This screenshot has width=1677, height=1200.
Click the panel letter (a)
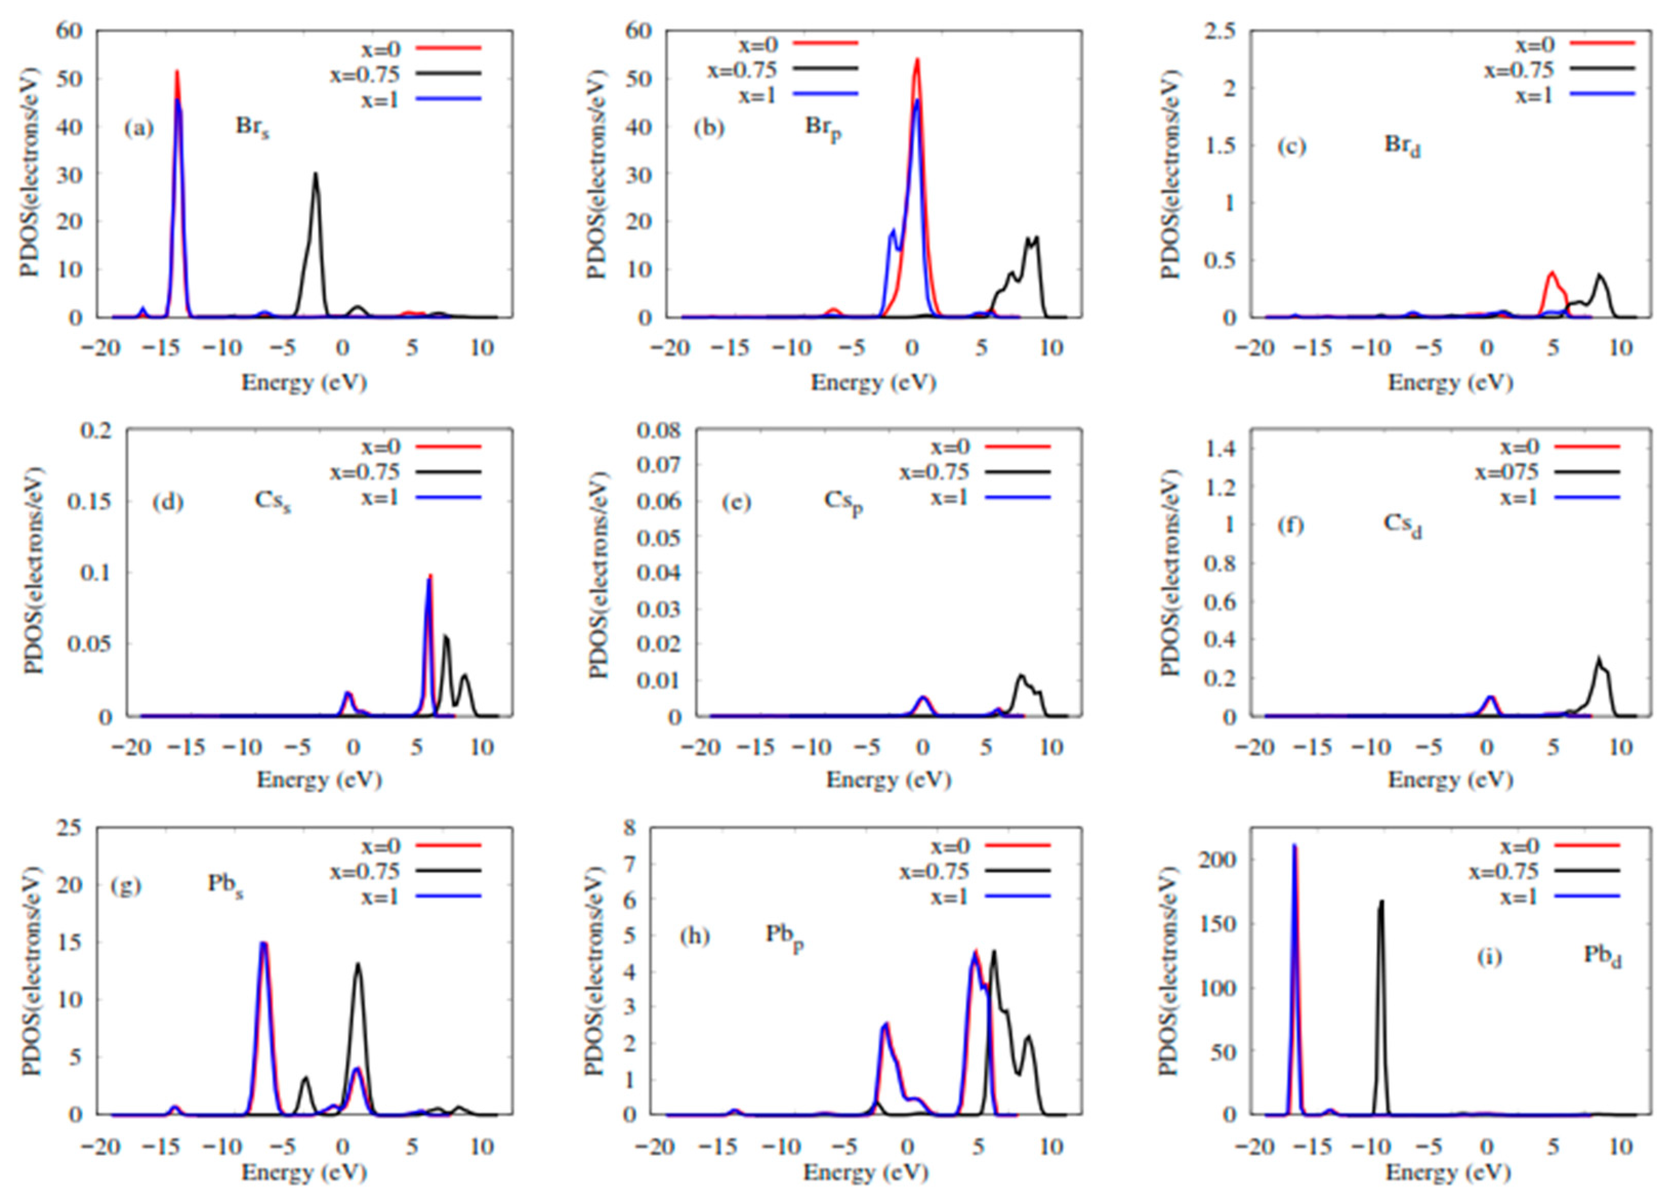coord(139,129)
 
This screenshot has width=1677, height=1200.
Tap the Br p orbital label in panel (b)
coord(821,128)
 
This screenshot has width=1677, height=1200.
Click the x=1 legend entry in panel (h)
coord(949,896)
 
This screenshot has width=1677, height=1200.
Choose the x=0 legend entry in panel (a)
coord(381,48)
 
